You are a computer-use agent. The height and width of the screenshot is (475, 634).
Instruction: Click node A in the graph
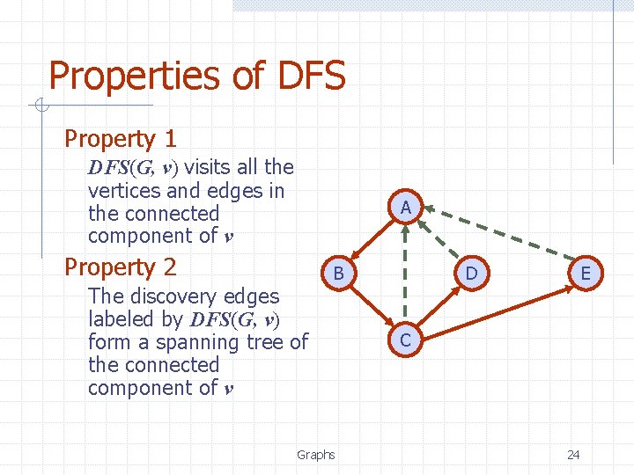coord(405,208)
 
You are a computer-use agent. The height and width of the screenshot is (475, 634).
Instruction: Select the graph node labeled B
coord(337,274)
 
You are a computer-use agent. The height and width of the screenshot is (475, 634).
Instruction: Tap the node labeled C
coord(405,340)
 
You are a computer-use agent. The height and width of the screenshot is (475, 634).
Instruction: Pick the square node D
coord(471,274)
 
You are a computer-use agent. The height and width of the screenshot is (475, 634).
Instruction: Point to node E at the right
coord(586,274)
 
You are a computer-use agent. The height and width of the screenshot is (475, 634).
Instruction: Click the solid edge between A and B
coord(371,241)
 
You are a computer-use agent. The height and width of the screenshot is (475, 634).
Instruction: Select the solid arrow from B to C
coord(371,307)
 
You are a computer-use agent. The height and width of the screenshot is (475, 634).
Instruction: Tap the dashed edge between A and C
coord(405,273)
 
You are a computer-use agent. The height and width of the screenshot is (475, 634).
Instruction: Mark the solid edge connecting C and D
coord(439,306)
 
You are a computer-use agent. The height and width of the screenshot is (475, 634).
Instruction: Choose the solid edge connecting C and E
coord(495,306)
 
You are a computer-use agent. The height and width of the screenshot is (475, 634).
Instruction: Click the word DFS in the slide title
coord(311,77)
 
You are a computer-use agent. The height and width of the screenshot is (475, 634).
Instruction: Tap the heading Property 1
coord(121,138)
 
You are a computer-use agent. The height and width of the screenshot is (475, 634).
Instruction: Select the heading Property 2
coord(121,267)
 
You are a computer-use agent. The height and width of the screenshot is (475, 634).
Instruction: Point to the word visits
coord(210,167)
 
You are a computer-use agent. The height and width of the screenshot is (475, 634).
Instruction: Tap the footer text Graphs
coord(315,455)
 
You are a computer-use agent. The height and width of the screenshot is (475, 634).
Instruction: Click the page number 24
coord(573,455)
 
